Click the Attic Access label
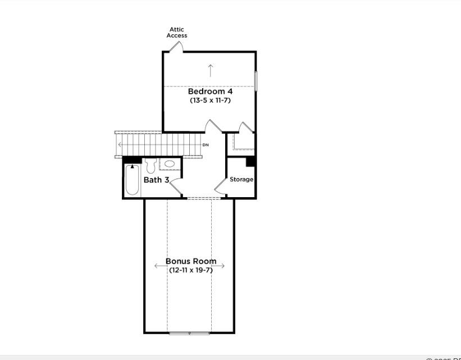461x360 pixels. pos(176,33)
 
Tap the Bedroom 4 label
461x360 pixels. pos(210,91)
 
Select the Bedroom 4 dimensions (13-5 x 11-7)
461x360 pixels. pos(210,101)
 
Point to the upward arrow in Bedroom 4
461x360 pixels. pos(211,70)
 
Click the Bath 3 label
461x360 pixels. pos(156,180)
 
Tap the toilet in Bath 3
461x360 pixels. pos(150,166)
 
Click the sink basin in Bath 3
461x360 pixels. pos(170,164)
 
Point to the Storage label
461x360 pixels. pos(241,180)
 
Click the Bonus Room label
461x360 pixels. pos(191,261)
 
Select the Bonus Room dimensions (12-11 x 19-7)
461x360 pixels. pos(191,270)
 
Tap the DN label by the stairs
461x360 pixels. pos(206,145)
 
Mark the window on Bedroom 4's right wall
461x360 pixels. pos(256,81)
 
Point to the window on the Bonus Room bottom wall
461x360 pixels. pos(189,333)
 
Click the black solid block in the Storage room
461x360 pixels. pos(251,162)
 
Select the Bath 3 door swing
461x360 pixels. pos(175,187)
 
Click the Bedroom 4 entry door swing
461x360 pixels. pos(214,126)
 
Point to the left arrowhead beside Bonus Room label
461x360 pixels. pos(157,266)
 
